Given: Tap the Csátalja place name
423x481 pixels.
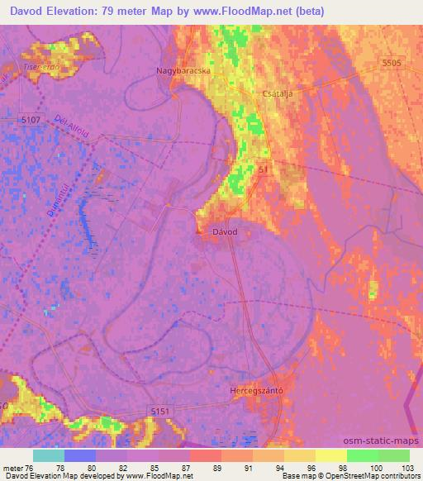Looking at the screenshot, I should (x=278, y=93).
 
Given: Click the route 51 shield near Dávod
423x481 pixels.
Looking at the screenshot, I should (x=264, y=169).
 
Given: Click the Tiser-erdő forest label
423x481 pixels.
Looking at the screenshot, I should (x=19, y=65).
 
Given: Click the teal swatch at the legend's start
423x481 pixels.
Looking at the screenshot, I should (x=48, y=455).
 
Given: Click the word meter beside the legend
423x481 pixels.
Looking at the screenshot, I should (x=12, y=467).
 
